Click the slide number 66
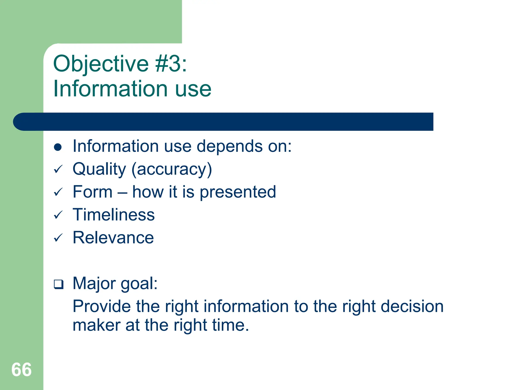tap(22, 370)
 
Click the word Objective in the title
tap(101, 64)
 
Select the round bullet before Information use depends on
tap(58, 147)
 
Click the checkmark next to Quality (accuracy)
tap(58, 169)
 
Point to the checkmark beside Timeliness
tap(58, 215)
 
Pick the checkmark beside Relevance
tap(58, 238)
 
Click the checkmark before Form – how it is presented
tap(58, 192)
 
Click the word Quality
tap(99, 169)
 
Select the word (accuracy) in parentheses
tap(172, 169)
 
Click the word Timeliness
tap(113, 215)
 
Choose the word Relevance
tap(113, 238)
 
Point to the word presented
tap(238, 192)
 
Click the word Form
tap(92, 192)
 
